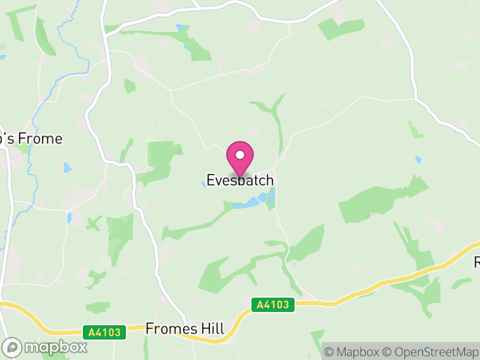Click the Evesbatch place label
[x=240, y=180]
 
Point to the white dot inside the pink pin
[x=240, y=155]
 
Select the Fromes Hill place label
[x=185, y=329]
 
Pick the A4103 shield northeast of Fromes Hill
[x=273, y=305]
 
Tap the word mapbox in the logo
[x=55, y=347]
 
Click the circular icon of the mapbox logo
[x=12, y=347]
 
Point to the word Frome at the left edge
[x=40, y=139]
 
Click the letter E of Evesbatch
[x=211, y=180]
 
